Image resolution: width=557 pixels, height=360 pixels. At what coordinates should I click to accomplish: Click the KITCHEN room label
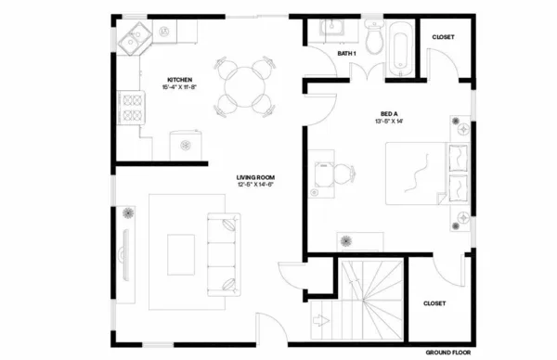pos(179,80)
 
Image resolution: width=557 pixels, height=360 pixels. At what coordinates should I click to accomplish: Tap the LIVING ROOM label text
pos(255,176)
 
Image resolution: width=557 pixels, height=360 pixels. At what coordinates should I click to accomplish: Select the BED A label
pos(389,113)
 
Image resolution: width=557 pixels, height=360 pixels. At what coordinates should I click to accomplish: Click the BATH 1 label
pos(347,54)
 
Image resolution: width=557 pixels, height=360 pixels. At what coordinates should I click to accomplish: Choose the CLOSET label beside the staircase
pos(434,303)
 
